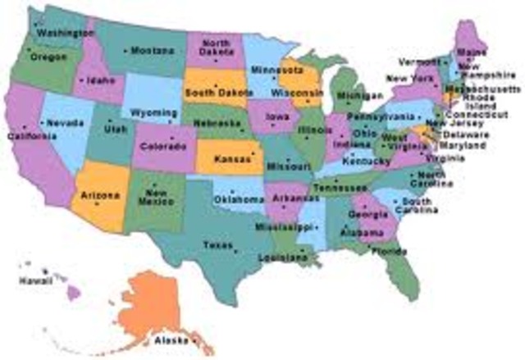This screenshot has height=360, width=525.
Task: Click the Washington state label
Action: click(63, 33)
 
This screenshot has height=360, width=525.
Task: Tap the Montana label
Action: click(153, 51)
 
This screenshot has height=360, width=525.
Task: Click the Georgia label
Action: click(362, 214)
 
